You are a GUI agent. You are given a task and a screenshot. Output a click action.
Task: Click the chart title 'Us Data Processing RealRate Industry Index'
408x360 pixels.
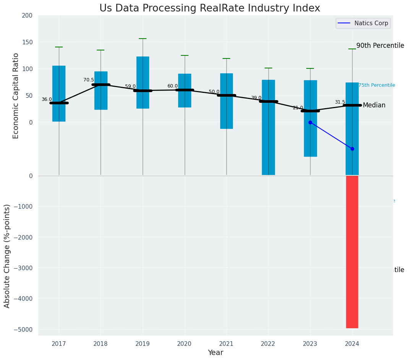click(210, 8)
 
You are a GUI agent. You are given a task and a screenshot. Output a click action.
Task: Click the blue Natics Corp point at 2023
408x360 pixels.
click(310, 122)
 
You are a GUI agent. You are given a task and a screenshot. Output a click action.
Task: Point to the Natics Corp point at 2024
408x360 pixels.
click(352, 149)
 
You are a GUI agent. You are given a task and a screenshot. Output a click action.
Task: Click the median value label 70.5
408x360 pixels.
click(89, 80)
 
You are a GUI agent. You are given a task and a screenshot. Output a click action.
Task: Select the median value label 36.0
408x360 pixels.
click(47, 99)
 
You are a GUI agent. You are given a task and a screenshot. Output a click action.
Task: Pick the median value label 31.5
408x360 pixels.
click(340, 102)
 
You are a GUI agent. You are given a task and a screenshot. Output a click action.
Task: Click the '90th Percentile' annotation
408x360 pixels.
click(380, 45)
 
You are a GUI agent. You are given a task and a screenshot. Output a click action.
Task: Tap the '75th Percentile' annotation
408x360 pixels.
click(377, 85)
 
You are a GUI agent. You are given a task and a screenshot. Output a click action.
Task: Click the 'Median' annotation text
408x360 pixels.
click(374, 105)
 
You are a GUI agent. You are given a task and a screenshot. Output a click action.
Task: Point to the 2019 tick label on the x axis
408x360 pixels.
click(143, 344)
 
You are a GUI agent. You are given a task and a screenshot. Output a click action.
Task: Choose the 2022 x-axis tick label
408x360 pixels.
click(268, 344)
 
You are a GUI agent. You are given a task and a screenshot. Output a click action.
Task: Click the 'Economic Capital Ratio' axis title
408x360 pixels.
click(16, 96)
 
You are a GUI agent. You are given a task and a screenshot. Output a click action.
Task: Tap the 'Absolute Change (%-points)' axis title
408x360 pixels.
click(7, 256)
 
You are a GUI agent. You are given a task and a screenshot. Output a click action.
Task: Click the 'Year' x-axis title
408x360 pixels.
click(216, 353)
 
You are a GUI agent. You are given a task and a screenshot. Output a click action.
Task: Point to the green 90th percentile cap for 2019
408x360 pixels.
click(143, 39)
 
